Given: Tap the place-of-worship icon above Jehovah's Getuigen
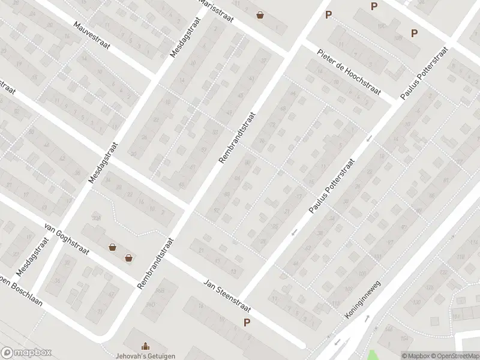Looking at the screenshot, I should pyautogui.click(x=145, y=345).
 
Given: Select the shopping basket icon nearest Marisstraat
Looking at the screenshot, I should pyautogui.click(x=260, y=16).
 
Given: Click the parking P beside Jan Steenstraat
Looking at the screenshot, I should pyautogui.click(x=247, y=323).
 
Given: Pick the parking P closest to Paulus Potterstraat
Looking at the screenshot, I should pyautogui.click(x=414, y=33).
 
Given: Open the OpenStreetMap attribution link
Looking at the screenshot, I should pyautogui.click(x=457, y=355).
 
